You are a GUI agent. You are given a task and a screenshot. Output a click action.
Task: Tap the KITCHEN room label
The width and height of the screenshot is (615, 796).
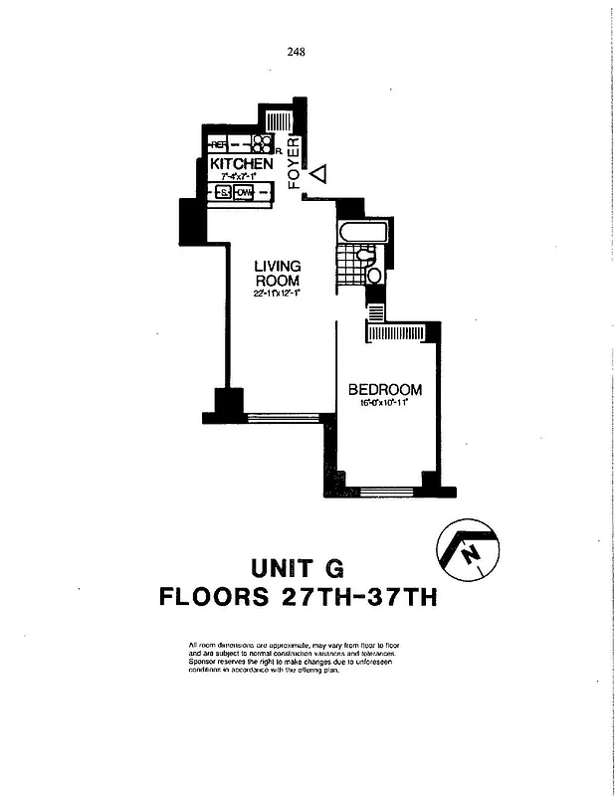pyautogui.click(x=241, y=163)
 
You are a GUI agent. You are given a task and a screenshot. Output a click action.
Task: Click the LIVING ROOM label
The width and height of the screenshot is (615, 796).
pyautogui.click(x=277, y=273)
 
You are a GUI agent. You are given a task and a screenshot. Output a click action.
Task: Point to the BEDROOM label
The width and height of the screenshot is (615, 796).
pyautogui.click(x=384, y=390)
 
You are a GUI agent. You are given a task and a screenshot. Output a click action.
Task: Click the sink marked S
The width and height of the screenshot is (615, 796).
pyautogui.click(x=224, y=191)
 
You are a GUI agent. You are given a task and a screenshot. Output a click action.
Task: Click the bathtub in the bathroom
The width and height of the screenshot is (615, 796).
pyautogui.click(x=359, y=232)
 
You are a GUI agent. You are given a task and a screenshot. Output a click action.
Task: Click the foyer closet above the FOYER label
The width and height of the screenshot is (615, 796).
pyautogui.click(x=280, y=121)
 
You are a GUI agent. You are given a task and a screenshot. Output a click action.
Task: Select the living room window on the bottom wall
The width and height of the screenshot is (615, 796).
pyautogui.click(x=283, y=418)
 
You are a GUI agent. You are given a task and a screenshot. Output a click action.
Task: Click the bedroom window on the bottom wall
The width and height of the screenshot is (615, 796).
pyautogui.click(x=387, y=491)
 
